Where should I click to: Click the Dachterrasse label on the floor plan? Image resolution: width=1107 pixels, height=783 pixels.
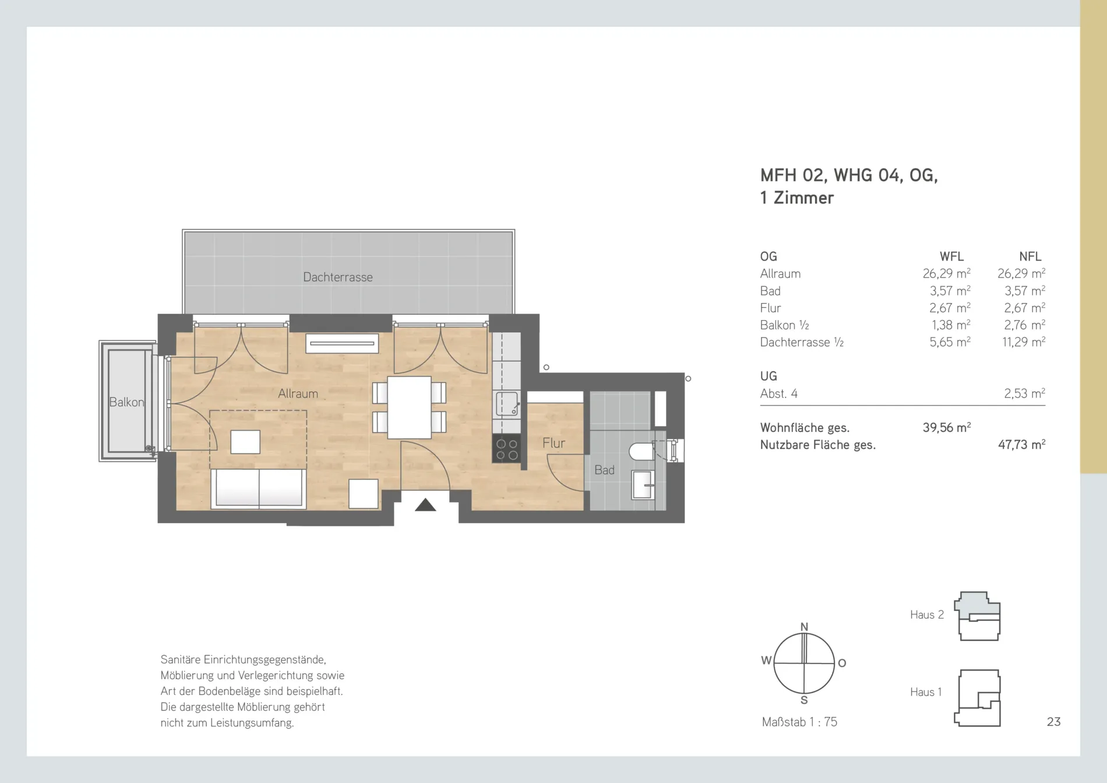337,277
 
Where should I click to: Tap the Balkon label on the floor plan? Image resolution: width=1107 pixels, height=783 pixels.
126,402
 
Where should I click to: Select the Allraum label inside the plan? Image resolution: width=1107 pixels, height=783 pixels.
298,394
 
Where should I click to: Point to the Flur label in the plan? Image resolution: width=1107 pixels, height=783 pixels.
553,443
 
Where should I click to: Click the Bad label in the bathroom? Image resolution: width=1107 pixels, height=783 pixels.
604,470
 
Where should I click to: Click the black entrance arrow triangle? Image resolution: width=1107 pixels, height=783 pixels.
425,505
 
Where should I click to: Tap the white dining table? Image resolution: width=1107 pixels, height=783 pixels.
409,408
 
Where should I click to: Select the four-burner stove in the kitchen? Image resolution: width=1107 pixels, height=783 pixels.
506,448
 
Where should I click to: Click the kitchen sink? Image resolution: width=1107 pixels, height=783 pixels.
507,403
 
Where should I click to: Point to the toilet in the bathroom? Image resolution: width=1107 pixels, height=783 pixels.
643,451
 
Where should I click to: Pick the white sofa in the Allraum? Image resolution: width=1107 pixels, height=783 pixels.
259,489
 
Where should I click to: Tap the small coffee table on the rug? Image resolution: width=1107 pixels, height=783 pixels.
245,442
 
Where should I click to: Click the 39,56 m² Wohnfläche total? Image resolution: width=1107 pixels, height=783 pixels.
946,427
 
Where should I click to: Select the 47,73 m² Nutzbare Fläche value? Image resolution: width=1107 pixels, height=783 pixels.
1021,444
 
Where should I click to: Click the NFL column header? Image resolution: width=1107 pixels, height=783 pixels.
1030,257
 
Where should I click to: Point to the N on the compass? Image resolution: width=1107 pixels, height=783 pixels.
804,627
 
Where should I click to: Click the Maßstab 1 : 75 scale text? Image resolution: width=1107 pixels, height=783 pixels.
799,722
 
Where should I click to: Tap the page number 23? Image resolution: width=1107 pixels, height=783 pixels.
1053,722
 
